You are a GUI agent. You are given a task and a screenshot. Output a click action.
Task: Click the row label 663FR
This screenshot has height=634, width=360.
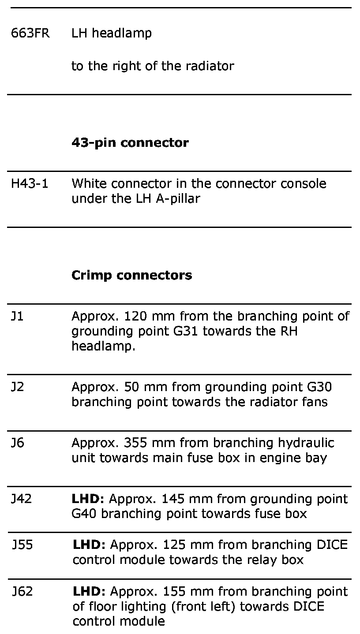30,34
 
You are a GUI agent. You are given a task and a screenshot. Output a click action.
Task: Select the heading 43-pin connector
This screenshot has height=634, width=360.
130,143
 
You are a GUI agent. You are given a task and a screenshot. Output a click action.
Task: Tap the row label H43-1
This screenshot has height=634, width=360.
30,183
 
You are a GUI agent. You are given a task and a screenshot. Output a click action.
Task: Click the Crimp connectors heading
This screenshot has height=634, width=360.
131,276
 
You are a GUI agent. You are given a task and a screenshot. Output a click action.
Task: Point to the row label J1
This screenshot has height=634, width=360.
17,317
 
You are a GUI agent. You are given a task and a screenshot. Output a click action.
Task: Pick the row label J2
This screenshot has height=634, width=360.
17,387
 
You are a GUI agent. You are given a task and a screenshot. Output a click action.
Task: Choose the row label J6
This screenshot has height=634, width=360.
18,443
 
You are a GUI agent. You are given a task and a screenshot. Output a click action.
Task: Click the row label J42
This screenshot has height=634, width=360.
21,499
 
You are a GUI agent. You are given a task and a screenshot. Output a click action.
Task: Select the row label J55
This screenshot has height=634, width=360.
22,545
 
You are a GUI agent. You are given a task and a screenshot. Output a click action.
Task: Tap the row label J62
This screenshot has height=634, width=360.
22,591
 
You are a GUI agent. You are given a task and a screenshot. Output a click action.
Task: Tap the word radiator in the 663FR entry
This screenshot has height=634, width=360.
209,66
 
